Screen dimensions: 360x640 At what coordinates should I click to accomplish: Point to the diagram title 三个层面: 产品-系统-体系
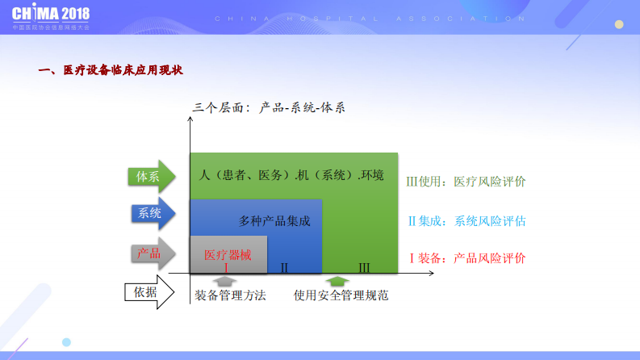pos(269,107)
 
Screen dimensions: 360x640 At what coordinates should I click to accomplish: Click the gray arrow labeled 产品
pos(151,253)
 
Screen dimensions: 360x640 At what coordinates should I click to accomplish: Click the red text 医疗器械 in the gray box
pos(227,255)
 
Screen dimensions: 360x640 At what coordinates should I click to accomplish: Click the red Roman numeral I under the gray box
pos(227,267)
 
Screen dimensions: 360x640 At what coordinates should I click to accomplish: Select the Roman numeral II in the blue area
pos(284,267)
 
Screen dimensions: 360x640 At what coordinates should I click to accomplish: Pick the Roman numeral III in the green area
pos(364,267)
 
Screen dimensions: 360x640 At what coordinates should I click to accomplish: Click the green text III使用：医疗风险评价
pos(466,182)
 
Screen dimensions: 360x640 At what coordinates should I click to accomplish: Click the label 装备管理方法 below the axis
pos(230,295)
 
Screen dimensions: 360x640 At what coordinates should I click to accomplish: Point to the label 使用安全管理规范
pos(341,295)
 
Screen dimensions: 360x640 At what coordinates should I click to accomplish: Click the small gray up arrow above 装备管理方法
pos(227,282)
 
